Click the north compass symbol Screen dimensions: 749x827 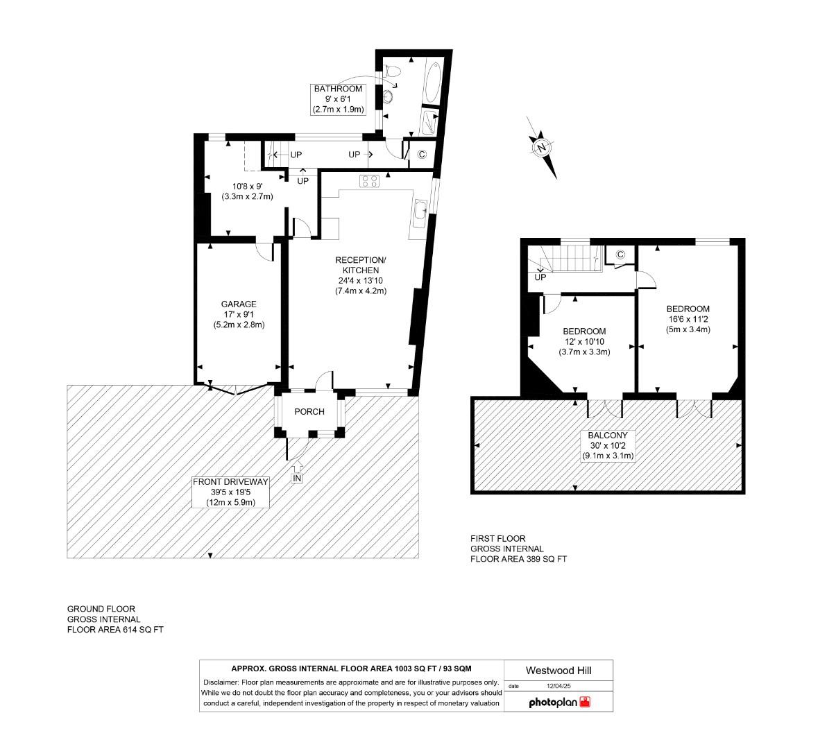[542, 148]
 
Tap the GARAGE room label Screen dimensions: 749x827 [239, 304]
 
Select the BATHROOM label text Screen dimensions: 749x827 [338, 89]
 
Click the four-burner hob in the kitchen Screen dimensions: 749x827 [369, 181]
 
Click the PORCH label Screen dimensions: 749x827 [309, 411]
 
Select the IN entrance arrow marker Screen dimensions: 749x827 [297, 479]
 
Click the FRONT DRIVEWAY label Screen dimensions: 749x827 [230, 482]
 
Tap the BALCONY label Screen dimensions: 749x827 [608, 436]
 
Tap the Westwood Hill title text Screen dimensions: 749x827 [559, 670]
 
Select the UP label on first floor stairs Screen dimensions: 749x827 [540, 277]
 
